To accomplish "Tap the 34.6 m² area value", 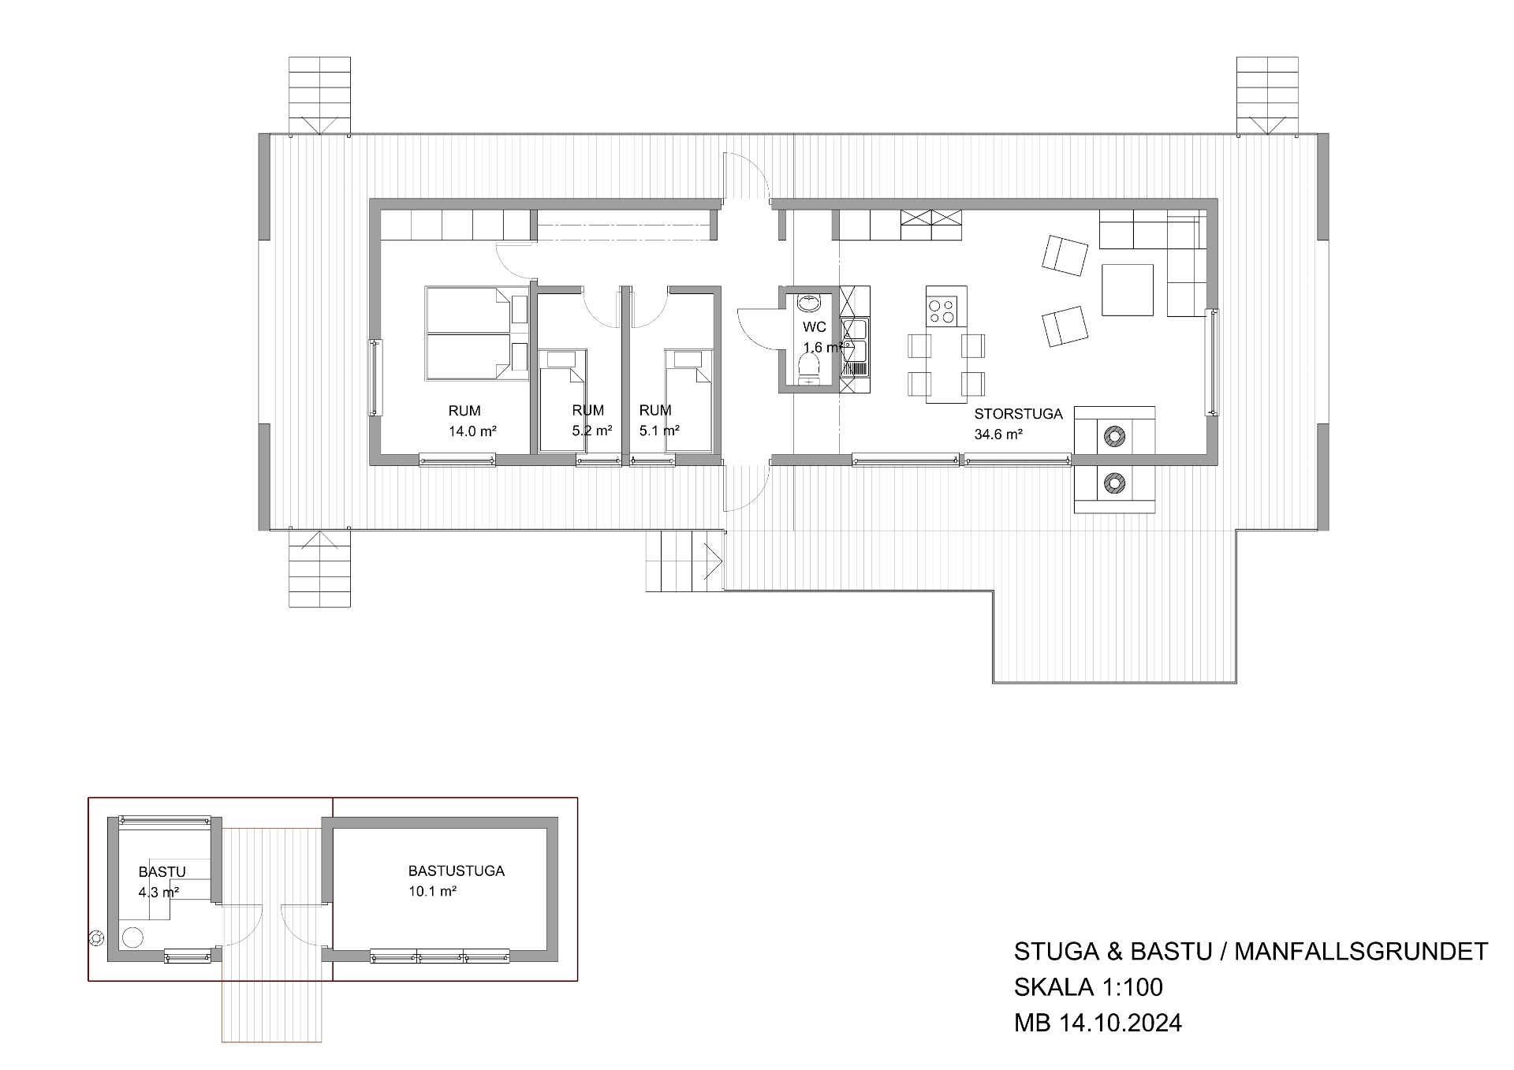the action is pyautogui.click(x=998, y=434).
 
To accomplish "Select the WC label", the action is pyautogui.click(x=815, y=327).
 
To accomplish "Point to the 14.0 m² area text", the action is pyautogui.click(x=472, y=431).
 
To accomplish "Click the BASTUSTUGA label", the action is pyautogui.click(x=457, y=871).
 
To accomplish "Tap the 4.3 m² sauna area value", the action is pyautogui.click(x=158, y=893).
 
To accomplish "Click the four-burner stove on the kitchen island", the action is pyautogui.click(x=942, y=311).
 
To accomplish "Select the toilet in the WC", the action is pyautogui.click(x=809, y=369).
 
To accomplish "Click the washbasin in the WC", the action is pyautogui.click(x=809, y=303).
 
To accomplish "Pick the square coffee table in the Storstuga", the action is pyautogui.click(x=1128, y=290).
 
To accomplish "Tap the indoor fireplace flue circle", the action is pyautogui.click(x=1113, y=436).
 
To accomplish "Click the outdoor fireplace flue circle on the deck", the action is pyautogui.click(x=1113, y=482).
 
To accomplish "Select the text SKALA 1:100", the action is pyautogui.click(x=1088, y=987).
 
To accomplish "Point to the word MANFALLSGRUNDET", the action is pyautogui.click(x=1361, y=952).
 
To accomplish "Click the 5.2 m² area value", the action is pyautogui.click(x=592, y=431).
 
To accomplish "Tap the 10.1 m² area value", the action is pyautogui.click(x=433, y=892).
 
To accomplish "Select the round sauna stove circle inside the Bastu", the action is pyautogui.click(x=132, y=938).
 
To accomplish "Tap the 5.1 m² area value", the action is pyautogui.click(x=659, y=431).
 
